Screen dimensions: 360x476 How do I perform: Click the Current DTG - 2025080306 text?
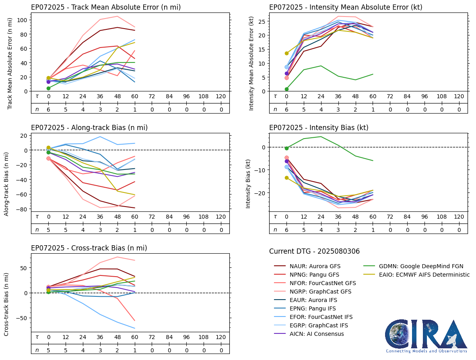[314, 251]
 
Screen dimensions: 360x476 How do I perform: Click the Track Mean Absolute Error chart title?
[106, 7]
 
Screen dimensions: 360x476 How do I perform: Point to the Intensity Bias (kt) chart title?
[319, 128]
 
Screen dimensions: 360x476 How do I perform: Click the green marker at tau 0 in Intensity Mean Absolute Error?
[286, 89]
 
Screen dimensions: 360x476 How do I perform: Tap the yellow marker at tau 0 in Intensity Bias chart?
[286, 178]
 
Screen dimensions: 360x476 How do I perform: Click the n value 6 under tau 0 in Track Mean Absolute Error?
[48, 109]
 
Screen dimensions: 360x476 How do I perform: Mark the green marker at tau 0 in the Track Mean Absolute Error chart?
[48, 88]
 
